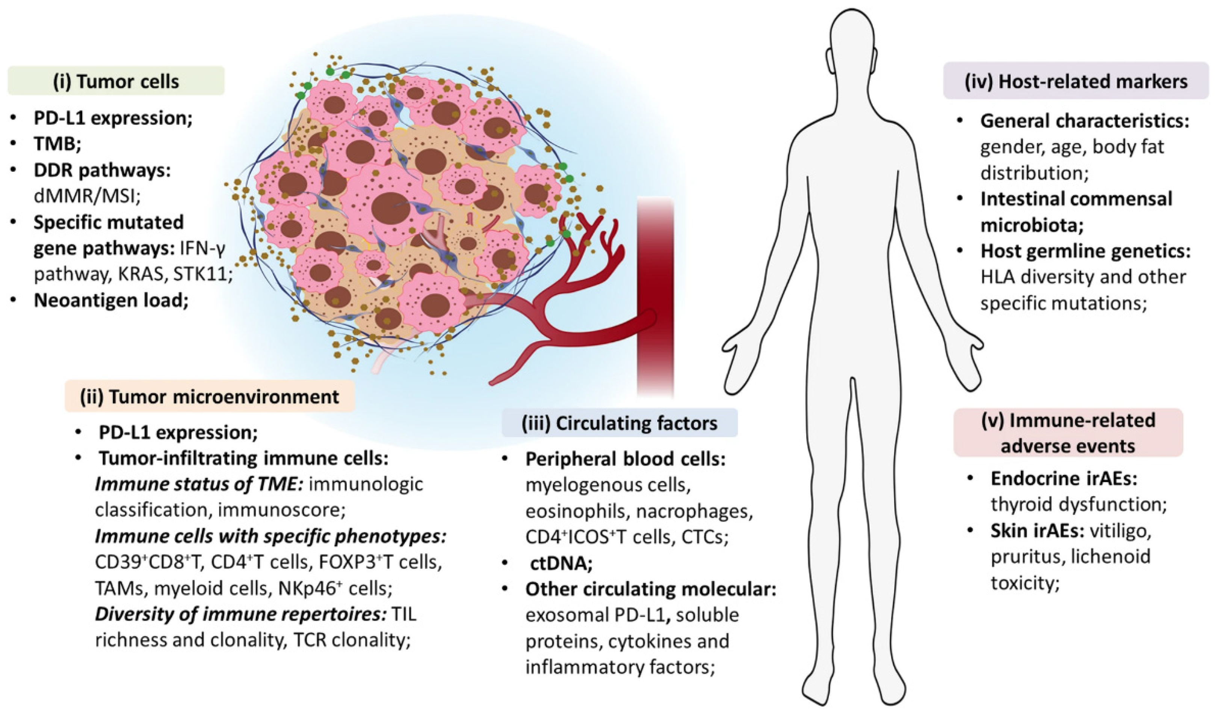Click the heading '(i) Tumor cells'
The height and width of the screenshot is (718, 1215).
click(116, 81)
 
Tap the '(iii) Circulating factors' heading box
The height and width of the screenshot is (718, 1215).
click(619, 423)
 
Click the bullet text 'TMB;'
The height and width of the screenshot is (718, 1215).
click(53, 144)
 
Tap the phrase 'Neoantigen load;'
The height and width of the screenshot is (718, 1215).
click(111, 301)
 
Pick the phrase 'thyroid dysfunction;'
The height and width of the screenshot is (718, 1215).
click(1079, 505)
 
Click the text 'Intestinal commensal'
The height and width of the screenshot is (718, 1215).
click(1076, 199)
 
